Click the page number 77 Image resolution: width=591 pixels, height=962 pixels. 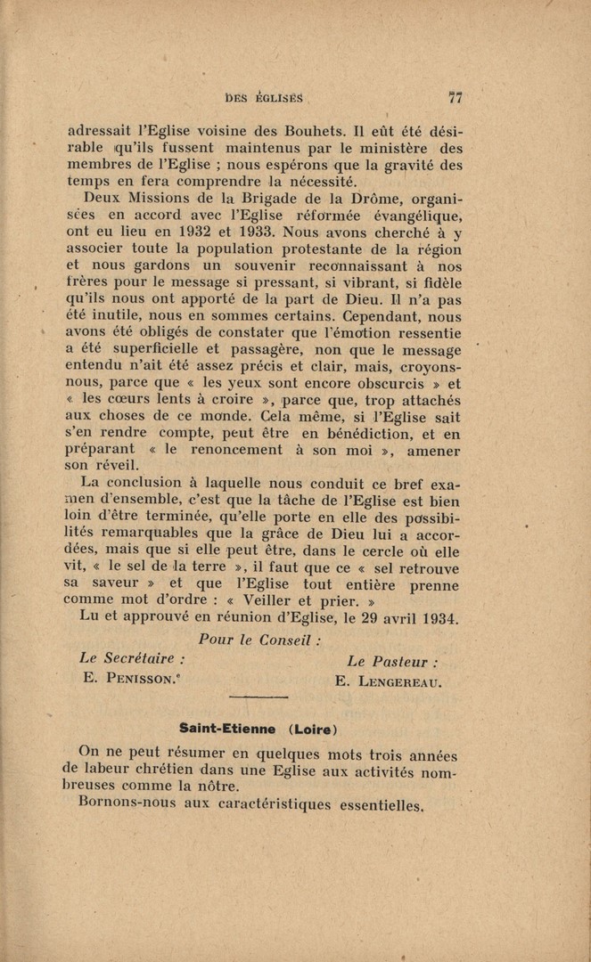[454, 98]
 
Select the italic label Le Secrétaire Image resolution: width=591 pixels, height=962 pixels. [132, 659]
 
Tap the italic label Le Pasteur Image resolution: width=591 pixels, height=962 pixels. [392, 662]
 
